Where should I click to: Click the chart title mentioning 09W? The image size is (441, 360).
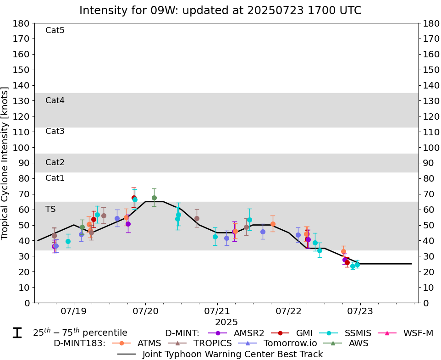220,10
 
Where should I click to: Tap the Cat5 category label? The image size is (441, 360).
55,31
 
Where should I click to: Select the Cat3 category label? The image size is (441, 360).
55,132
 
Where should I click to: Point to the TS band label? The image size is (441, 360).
50,209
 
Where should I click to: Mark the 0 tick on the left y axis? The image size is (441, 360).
28,303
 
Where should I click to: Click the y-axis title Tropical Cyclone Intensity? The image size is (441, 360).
6,163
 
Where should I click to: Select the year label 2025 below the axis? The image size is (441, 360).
226,322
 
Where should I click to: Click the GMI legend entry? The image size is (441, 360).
299,333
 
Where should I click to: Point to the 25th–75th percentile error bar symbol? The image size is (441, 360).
17,333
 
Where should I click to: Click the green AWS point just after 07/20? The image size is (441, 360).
154,198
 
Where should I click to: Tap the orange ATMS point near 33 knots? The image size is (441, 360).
343,251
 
